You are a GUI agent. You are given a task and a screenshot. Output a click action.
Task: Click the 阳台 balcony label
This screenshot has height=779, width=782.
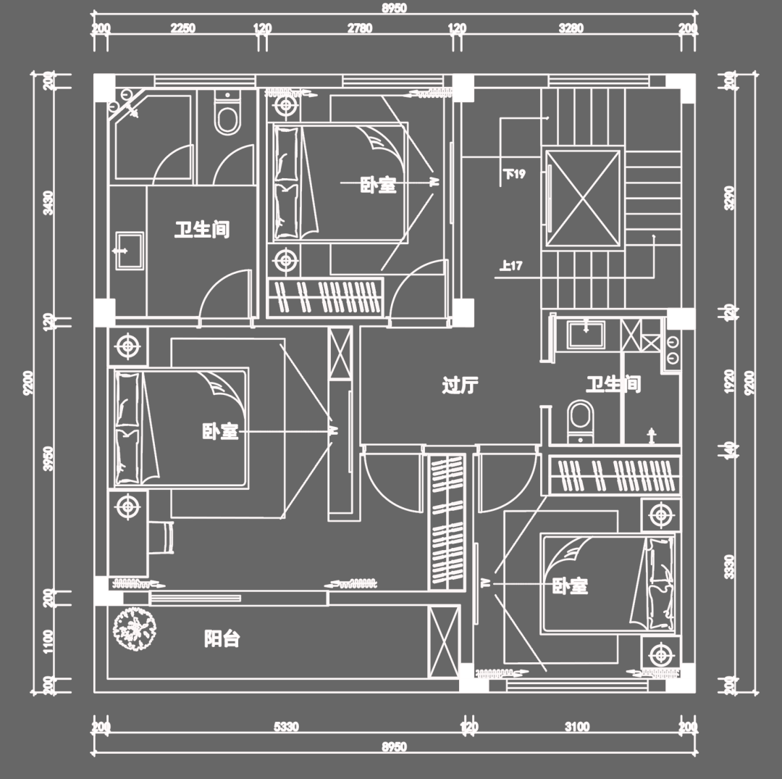coord(222,639)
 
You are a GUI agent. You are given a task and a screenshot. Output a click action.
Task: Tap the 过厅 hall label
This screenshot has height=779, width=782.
coord(459,385)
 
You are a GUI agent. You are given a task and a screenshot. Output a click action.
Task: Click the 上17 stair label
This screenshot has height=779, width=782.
coord(510,265)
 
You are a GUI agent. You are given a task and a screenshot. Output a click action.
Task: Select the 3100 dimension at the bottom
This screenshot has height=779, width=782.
coord(576,727)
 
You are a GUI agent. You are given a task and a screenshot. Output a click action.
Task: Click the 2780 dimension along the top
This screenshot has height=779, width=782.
coord(359,29)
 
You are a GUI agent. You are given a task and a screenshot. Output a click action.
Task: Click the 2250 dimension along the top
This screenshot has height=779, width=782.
coord(182,29)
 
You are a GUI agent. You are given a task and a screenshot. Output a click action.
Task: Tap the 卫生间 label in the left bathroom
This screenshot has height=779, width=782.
coord(201,230)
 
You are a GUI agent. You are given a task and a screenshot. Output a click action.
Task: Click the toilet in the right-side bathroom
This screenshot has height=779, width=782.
coord(580,419)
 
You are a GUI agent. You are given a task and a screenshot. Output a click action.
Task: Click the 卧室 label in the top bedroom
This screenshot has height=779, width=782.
coord(378,185)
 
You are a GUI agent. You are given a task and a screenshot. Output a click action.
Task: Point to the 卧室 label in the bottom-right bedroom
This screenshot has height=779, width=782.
coord(570,586)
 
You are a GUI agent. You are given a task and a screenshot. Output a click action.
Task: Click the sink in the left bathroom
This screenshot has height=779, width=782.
coord(129,250)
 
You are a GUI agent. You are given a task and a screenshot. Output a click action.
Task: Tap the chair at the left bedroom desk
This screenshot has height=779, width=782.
coord(164,537)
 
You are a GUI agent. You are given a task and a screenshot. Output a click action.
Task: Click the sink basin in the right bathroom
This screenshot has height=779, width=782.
coord(584,335)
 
